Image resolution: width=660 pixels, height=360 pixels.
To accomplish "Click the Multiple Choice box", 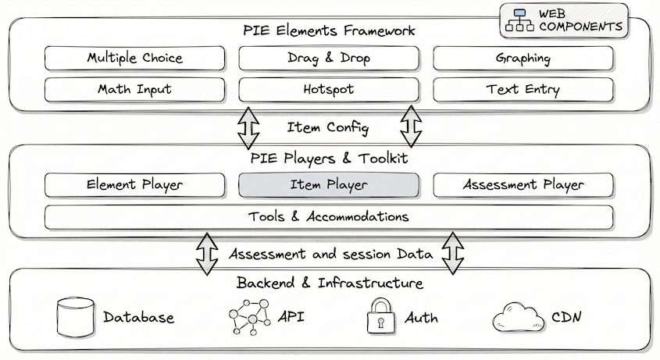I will click(x=134, y=59).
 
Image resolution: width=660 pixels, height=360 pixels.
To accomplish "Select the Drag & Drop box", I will click(x=328, y=59).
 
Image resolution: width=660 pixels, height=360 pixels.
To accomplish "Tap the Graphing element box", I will click(x=523, y=59).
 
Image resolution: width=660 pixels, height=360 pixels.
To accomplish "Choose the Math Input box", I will click(x=134, y=89).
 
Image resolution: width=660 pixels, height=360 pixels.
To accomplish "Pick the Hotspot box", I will click(x=328, y=89).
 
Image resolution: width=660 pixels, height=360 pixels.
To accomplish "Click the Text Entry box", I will click(x=523, y=89).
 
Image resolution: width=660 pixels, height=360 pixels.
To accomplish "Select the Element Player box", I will click(x=134, y=185).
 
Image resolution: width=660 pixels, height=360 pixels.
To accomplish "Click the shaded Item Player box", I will click(x=328, y=185).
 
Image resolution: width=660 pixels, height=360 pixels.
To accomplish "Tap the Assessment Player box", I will click(x=523, y=185).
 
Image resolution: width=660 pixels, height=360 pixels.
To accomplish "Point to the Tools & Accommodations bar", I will click(x=328, y=216).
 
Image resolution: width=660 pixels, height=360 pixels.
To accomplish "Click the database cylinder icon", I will click(x=75, y=317).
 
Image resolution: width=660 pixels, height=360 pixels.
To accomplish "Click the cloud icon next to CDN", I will click(x=518, y=318).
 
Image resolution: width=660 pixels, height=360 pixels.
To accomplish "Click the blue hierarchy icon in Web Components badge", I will click(x=519, y=20).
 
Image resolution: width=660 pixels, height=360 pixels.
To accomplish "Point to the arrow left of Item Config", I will click(x=248, y=126).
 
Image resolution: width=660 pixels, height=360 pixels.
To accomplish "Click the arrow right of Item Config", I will click(x=411, y=126).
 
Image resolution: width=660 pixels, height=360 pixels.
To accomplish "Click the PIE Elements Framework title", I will click(x=328, y=31).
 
